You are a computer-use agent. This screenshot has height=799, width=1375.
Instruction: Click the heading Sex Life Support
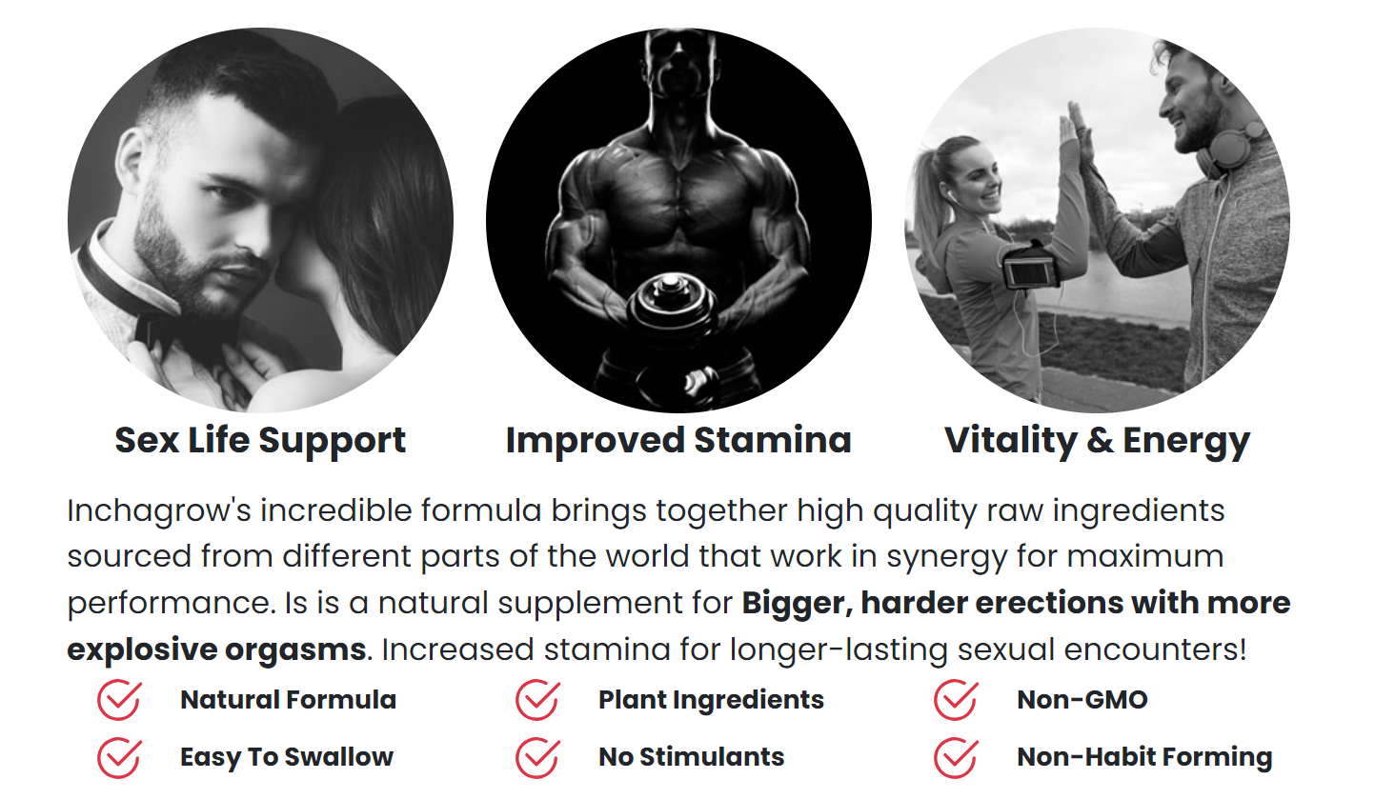(260, 441)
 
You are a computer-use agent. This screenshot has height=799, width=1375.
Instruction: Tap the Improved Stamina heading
(678, 441)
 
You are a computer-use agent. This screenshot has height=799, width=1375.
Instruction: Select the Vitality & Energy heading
(1097, 441)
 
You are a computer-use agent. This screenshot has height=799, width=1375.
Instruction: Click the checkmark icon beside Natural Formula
(119, 700)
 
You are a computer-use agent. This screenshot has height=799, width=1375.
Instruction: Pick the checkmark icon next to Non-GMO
(956, 700)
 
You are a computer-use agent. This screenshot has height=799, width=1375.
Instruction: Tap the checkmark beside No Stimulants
(537, 757)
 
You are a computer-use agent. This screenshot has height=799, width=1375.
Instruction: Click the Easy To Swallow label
(287, 757)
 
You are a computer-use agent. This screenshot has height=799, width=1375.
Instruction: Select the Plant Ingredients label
(711, 700)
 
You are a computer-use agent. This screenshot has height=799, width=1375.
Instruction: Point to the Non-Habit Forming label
(1144, 757)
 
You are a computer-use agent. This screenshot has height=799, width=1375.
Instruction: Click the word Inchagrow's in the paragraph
(159, 510)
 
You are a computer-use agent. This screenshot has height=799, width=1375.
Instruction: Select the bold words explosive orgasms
(217, 649)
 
